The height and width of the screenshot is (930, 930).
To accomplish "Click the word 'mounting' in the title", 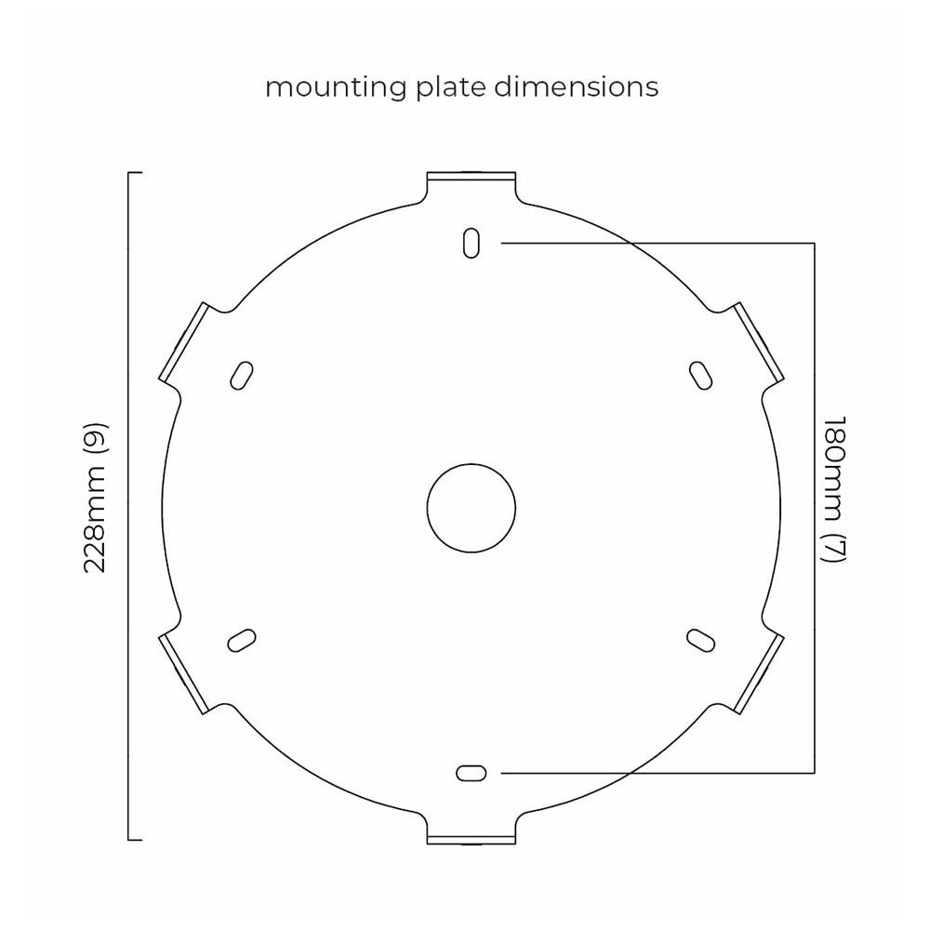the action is coord(335,87).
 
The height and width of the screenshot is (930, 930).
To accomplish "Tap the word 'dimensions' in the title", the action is coord(576,86).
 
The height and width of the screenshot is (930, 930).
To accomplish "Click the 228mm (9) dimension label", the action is coord(96,498).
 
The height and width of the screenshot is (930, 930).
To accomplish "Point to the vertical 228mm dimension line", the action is coord(128,506).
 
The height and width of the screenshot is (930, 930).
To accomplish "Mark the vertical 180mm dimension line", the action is coord(815,509).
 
